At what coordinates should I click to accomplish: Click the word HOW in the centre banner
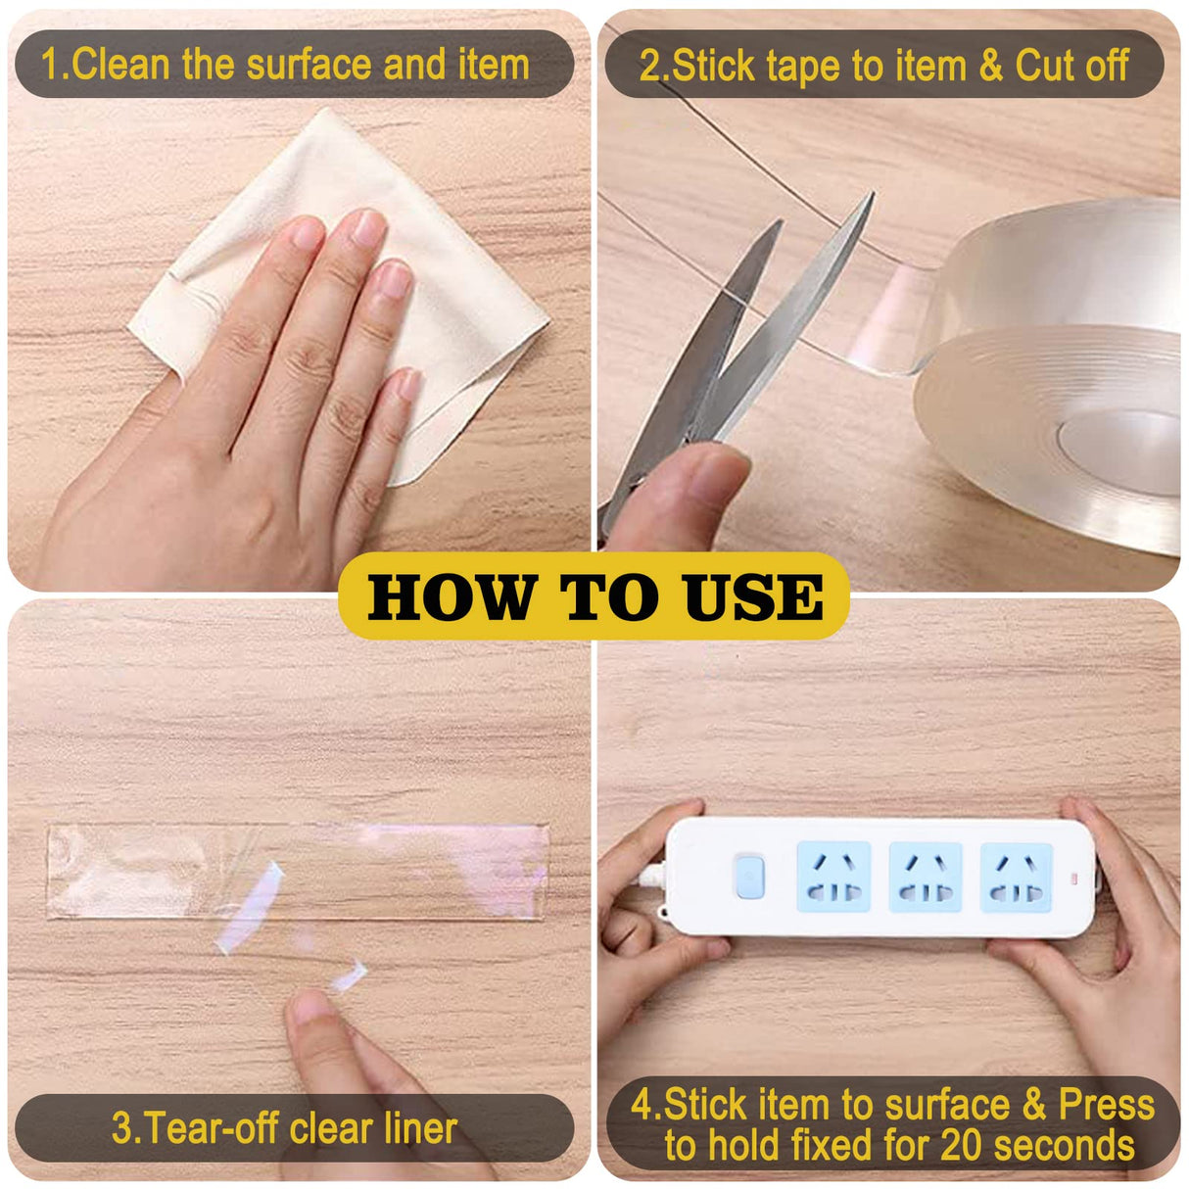(x=452, y=597)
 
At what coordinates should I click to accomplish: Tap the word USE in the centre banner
(x=753, y=597)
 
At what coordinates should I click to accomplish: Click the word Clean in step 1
(x=122, y=65)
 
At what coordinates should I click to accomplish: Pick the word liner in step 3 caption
(x=420, y=1128)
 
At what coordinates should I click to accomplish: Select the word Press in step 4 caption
(x=1106, y=1104)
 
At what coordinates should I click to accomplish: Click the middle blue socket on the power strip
(x=925, y=877)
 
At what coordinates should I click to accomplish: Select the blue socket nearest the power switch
(x=833, y=877)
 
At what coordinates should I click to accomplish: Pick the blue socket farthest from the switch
(x=1016, y=877)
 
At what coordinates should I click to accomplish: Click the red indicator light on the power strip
(x=1075, y=876)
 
